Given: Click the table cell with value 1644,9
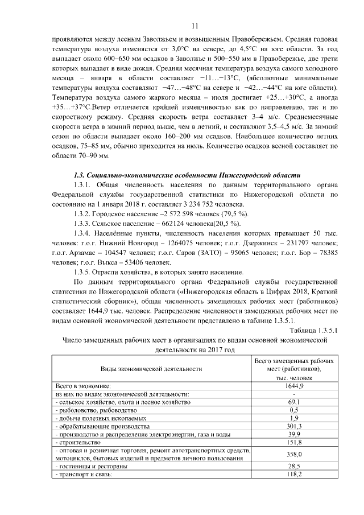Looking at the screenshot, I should click(x=294, y=386).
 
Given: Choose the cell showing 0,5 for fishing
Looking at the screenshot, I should click(x=294, y=410).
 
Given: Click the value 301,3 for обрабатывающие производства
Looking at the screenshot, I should click(x=294, y=426).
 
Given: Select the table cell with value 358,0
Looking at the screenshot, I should click(x=294, y=454).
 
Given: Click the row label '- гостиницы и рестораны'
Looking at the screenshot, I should click(x=90, y=465).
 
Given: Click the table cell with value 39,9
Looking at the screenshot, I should click(x=294, y=434).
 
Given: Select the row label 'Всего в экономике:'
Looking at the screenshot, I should click(x=82, y=386).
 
